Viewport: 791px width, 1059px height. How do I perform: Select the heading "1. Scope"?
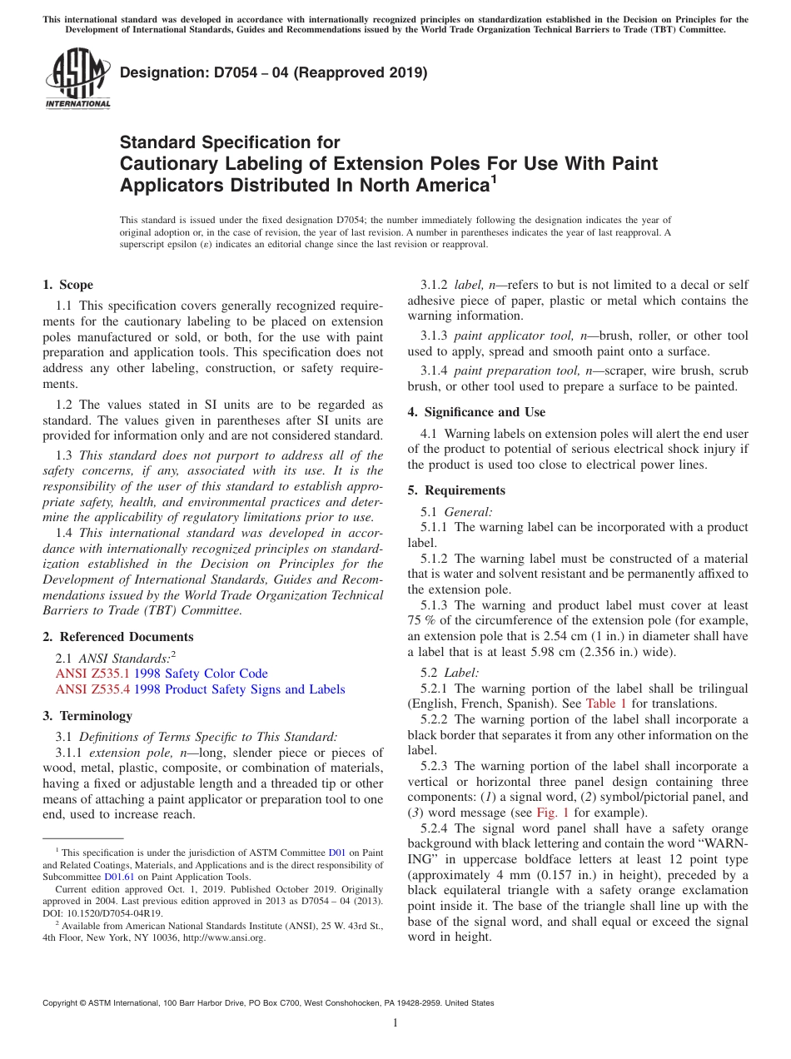(67, 285)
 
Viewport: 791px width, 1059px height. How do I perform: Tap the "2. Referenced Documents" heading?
(117, 637)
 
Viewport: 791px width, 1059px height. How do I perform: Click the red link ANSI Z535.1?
(92, 674)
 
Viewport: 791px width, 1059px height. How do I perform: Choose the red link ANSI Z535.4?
(92, 689)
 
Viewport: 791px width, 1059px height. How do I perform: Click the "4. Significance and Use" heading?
(476, 412)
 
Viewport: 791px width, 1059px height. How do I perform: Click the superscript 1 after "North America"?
(493, 178)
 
